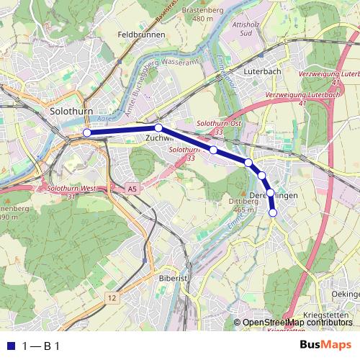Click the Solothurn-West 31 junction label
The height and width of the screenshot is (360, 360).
(x=71, y=192)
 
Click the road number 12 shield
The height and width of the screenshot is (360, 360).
(x=111, y=297)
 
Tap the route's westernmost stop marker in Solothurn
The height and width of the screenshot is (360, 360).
(x=86, y=132)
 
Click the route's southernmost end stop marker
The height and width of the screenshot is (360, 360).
(x=273, y=212)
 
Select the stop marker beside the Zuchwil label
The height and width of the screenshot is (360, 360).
(x=158, y=127)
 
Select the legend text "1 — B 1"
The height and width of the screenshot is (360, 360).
(x=41, y=346)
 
